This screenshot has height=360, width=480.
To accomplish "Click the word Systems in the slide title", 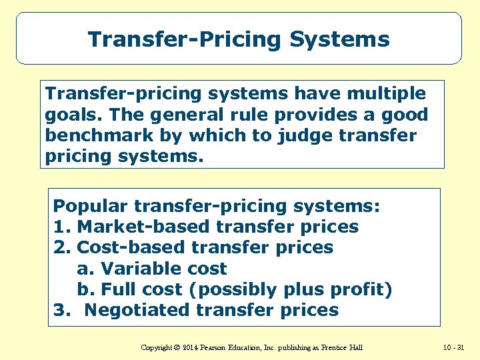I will [x=339, y=39].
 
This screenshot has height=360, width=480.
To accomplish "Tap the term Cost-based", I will [x=131, y=247].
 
